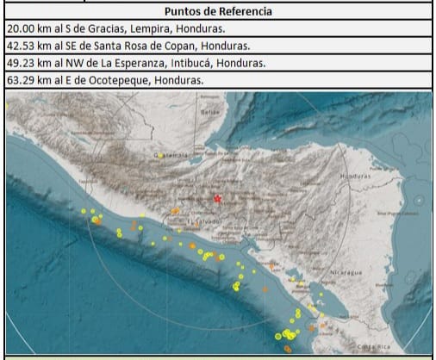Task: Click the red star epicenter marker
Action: pyautogui.click(x=217, y=199)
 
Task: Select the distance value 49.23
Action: pyautogui.click(x=21, y=63)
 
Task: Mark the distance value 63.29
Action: pyautogui.click(x=21, y=80)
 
